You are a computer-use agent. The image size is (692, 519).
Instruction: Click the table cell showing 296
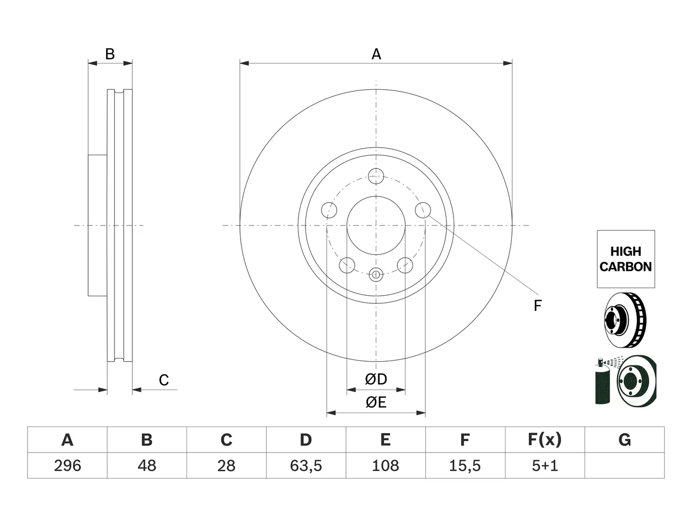tap(68, 465)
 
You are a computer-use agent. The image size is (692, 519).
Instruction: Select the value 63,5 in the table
tap(306, 465)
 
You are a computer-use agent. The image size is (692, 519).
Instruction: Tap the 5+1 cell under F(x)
tap(545, 465)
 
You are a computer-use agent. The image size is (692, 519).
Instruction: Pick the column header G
tap(624, 440)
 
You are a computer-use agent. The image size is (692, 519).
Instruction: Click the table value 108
tap(385, 465)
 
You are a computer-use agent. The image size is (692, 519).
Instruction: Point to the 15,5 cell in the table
tap(465, 465)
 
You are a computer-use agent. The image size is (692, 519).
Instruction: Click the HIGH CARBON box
tap(626, 259)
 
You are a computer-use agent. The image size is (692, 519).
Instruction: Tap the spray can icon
tap(602, 381)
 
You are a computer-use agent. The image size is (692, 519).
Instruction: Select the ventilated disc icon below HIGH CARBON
tap(625, 320)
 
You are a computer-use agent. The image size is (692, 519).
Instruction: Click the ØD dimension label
tap(376, 379)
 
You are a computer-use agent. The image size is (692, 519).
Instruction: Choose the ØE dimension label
tap(376, 402)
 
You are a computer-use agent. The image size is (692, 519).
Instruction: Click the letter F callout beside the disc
tap(537, 305)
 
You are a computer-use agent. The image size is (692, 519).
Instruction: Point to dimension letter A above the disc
tap(376, 54)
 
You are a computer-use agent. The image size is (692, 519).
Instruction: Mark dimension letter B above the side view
tap(110, 54)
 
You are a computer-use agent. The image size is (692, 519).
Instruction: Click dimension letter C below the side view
tap(164, 380)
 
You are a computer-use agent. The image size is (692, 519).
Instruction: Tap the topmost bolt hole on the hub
tap(376, 176)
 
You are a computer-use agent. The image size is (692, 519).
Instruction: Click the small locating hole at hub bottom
tap(376, 275)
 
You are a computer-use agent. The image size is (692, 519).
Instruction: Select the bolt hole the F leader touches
tap(423, 210)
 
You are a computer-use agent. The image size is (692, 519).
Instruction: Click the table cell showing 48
tap(147, 465)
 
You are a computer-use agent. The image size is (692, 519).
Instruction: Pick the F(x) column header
tap(545, 440)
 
